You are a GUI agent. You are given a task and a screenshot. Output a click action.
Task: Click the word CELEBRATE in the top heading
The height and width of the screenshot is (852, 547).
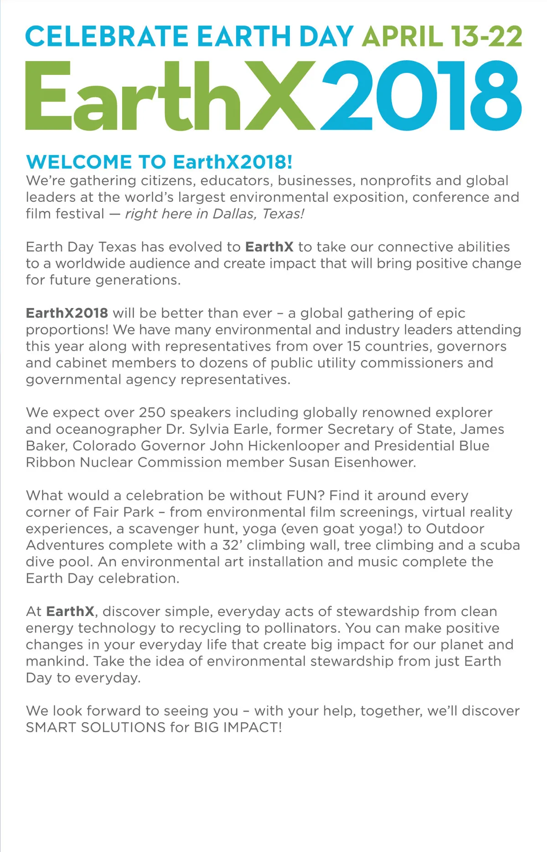(x=107, y=36)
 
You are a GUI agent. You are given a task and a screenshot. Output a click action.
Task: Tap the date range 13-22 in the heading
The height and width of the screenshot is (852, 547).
(x=486, y=36)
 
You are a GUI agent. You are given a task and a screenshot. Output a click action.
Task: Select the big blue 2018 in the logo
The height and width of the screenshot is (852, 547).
(x=421, y=96)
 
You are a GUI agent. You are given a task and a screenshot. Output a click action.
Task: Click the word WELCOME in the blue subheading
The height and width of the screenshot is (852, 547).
(x=79, y=162)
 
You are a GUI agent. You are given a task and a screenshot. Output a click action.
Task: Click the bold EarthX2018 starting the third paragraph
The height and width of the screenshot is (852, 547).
(x=67, y=313)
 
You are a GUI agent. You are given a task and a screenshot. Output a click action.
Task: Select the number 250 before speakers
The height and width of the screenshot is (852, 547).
(x=152, y=412)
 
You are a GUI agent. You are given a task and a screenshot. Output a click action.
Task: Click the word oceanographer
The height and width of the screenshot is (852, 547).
(x=109, y=429)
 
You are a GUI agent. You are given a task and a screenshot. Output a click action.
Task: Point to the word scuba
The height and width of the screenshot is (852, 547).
(x=500, y=545)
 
